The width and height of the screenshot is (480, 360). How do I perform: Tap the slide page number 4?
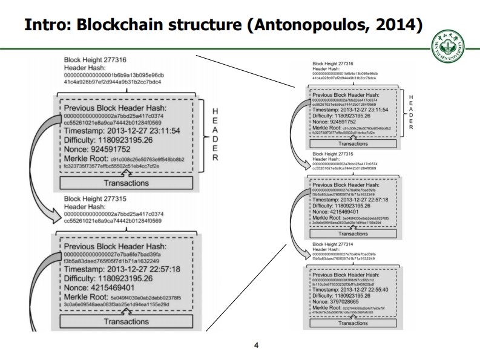click(x=256, y=345)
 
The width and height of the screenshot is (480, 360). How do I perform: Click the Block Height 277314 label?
click(x=333, y=244)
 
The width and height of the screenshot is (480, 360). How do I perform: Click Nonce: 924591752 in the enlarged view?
click(x=109, y=148)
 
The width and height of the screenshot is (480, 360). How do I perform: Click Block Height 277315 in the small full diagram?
click(x=333, y=154)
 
